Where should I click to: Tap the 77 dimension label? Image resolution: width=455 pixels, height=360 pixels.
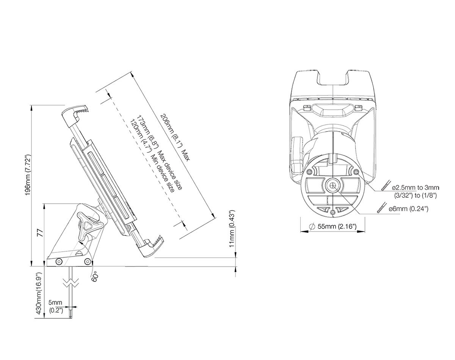(40, 233)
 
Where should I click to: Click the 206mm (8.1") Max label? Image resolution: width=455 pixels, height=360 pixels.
(175, 137)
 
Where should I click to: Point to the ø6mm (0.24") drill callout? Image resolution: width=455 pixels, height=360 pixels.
(408, 209)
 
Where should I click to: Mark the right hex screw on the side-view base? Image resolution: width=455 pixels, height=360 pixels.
(87, 262)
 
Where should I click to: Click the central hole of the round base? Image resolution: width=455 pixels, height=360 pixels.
(333, 186)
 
